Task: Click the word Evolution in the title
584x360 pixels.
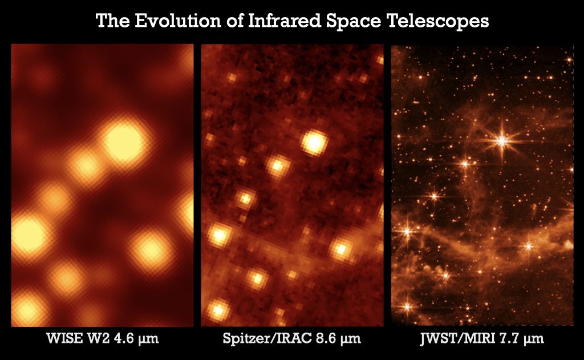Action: [178, 21]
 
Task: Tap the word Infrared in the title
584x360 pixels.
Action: [284, 21]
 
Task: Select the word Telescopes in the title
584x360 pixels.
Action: [438, 21]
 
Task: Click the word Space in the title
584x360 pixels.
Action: [354, 21]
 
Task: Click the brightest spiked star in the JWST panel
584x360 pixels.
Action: [502, 141]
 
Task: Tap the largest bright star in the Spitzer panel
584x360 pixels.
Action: [314, 142]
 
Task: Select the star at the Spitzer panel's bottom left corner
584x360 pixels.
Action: [217, 310]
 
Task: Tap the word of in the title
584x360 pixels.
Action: [234, 21]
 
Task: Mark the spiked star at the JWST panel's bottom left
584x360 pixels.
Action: [407, 307]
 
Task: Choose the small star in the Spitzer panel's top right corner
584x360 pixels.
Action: [379, 60]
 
